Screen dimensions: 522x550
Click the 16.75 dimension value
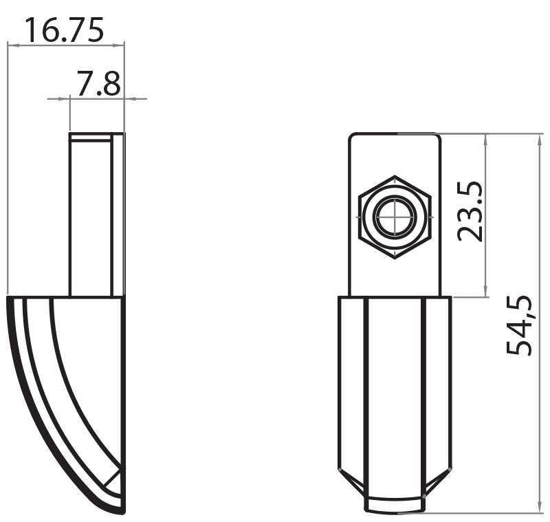click(65, 30)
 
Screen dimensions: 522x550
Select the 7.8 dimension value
click(98, 85)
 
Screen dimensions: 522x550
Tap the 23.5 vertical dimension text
click(470, 211)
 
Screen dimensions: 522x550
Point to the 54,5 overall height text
click(520, 325)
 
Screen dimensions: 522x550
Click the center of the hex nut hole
click(395, 216)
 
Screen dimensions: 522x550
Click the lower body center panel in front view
click(395, 392)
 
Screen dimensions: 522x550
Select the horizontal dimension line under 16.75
click(65, 45)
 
